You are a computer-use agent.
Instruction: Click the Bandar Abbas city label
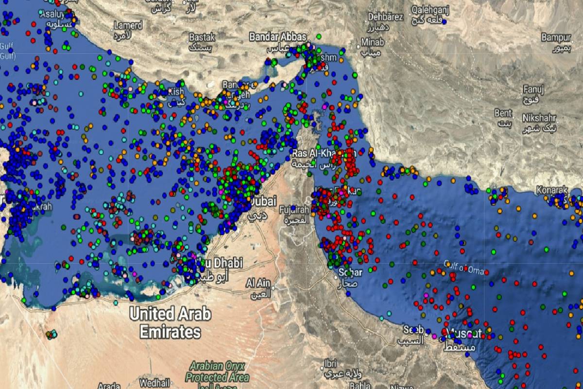pyautogui.click(x=277, y=37)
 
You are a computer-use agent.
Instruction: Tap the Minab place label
pyautogui.click(x=372, y=42)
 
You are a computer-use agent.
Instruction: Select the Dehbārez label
pyautogui.click(x=385, y=17)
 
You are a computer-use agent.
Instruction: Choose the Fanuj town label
pyautogui.click(x=533, y=89)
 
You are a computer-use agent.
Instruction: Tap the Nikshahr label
pyautogui.click(x=540, y=118)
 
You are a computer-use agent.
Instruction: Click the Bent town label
pyautogui.click(x=503, y=113)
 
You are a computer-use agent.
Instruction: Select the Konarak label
pyautogui.click(x=552, y=189)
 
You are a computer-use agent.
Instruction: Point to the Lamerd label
pyautogui.click(x=128, y=25)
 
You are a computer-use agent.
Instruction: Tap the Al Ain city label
pyautogui.click(x=257, y=283)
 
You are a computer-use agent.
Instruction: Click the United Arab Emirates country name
pyautogui.click(x=170, y=323)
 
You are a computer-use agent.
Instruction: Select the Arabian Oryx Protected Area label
pyautogui.click(x=217, y=371)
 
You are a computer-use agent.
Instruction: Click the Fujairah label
pyautogui.click(x=294, y=210)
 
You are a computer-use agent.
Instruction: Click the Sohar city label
pyautogui.click(x=350, y=272)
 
